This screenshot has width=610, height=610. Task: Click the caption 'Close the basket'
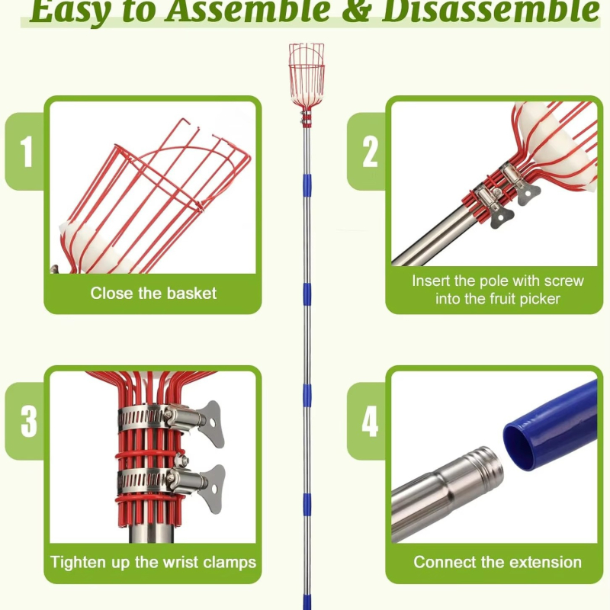(x=153, y=293)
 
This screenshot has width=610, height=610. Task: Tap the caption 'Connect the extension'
(x=498, y=562)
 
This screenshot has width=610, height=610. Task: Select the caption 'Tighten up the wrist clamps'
(x=153, y=563)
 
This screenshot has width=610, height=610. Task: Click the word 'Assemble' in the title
(x=247, y=11)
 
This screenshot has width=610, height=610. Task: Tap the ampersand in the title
(x=355, y=11)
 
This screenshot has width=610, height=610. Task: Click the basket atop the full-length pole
(x=307, y=75)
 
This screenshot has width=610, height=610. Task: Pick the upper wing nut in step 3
(x=210, y=423)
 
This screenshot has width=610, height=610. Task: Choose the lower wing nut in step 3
(x=212, y=488)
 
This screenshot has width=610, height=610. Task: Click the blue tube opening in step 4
(x=522, y=448)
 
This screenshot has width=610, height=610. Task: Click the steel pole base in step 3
(x=151, y=533)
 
